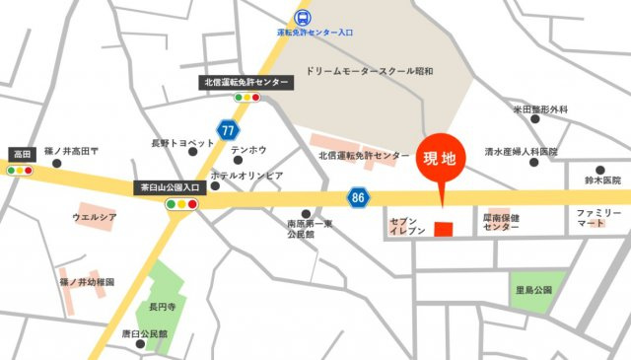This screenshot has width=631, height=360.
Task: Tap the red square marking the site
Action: click(443, 229)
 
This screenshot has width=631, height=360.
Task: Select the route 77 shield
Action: click(228, 130)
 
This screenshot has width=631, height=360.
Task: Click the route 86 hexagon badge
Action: click(357, 198)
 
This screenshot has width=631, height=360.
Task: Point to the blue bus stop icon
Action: click(302, 16)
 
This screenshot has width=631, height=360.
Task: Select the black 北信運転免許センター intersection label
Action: click(245, 82)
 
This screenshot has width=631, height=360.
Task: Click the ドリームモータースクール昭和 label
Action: click(369, 71)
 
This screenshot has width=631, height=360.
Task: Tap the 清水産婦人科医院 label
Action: click(521, 152)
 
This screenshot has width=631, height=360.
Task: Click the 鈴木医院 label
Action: click(600, 180)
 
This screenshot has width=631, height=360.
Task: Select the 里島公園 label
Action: click(533, 290)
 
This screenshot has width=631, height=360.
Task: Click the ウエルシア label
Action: click(95, 216)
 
